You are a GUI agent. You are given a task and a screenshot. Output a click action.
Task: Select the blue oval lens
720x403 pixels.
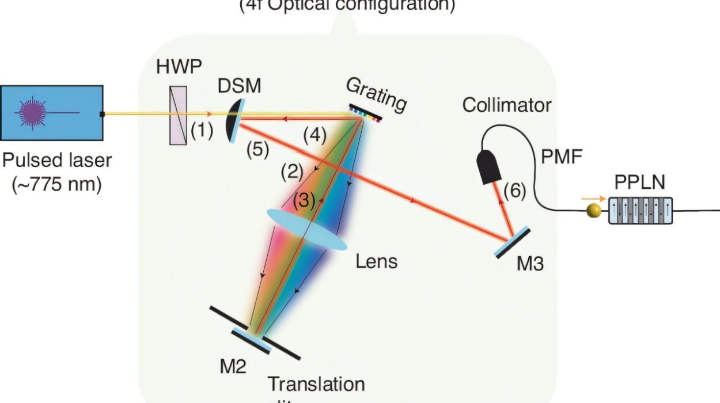tap(306, 229)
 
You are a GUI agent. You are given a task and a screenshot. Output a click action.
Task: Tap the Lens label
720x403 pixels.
tap(376, 261)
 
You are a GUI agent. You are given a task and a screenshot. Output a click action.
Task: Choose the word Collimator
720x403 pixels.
tap(506, 105)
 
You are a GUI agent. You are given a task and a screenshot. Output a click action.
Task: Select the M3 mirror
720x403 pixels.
tap(512, 242)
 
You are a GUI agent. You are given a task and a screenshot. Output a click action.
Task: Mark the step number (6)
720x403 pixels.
tap(514, 191)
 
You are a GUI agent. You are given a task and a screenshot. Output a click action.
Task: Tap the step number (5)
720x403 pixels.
tap(257, 149)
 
